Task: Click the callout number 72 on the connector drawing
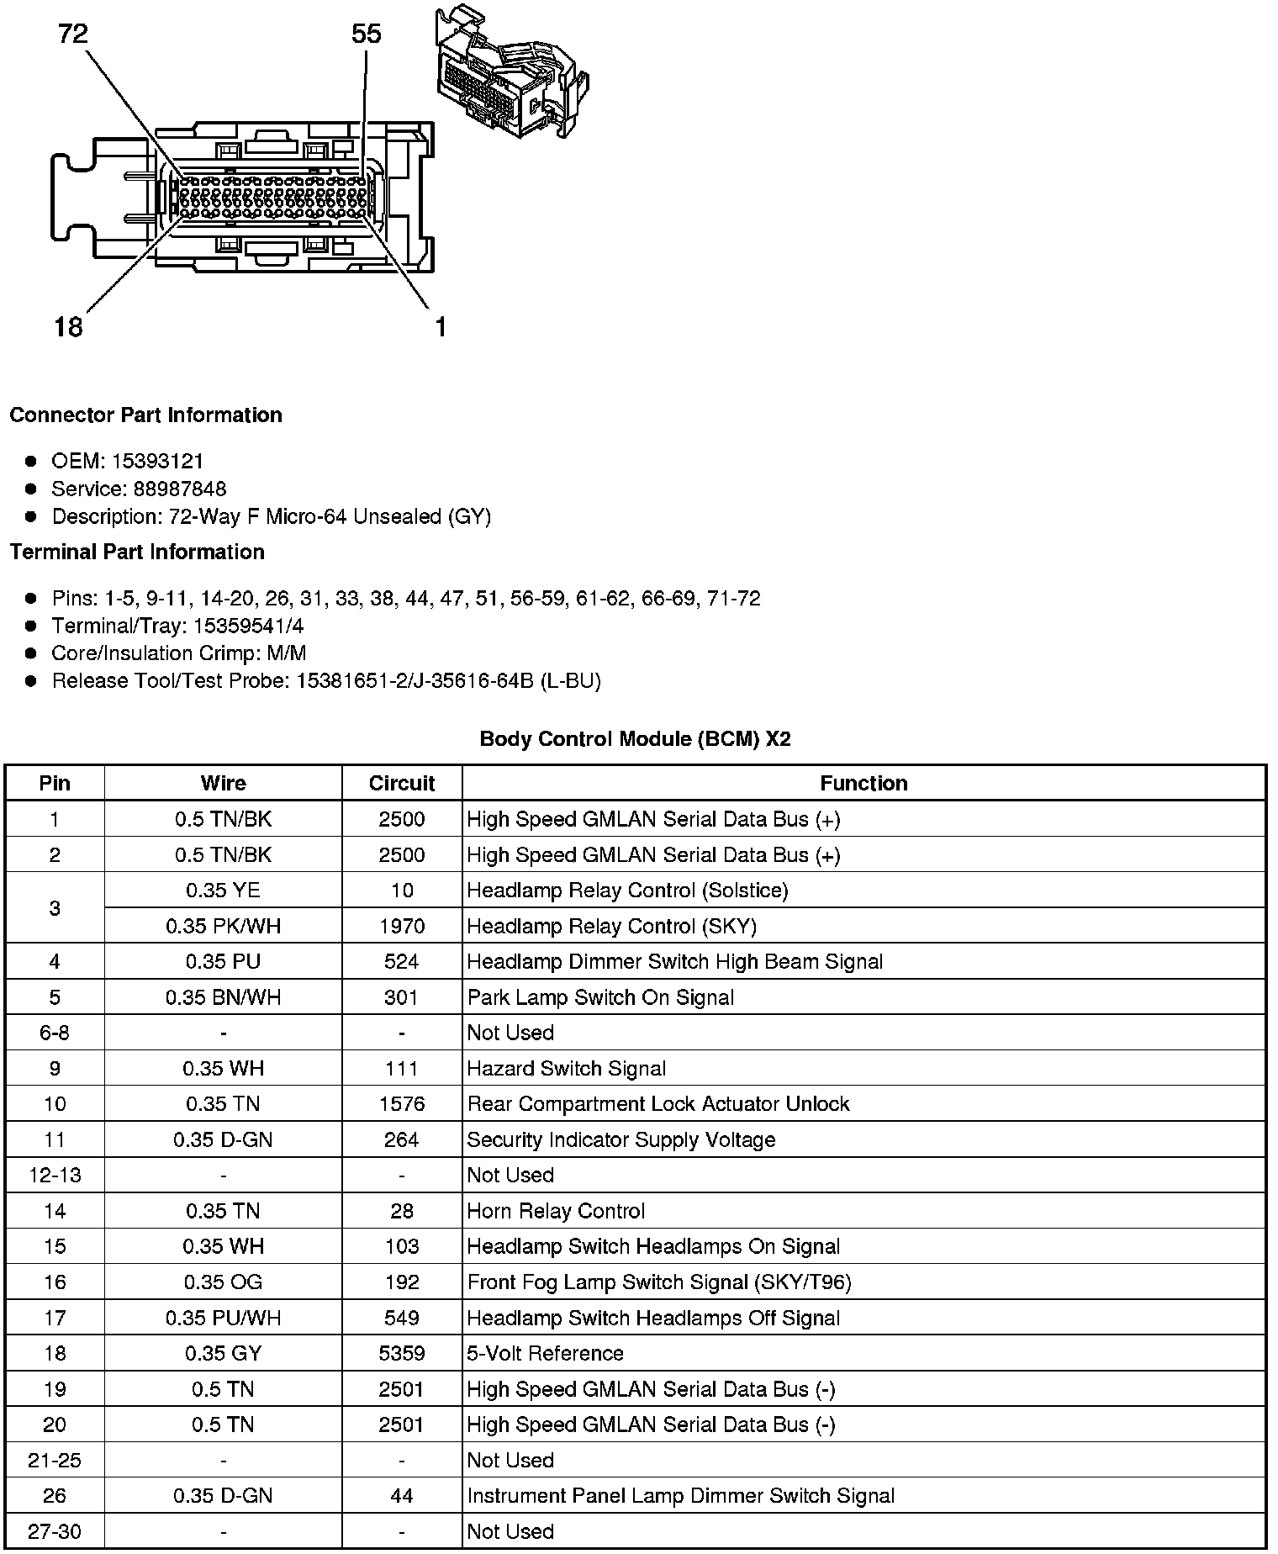[73, 34]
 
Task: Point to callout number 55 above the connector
[366, 34]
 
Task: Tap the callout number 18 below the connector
[68, 326]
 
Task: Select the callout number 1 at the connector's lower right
[440, 327]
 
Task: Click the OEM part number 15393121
[157, 461]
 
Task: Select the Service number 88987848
[180, 489]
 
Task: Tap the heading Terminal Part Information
[137, 552]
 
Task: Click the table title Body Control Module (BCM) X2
[635, 739]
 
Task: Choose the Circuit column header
[402, 783]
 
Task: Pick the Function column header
[863, 783]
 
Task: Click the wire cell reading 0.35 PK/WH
[223, 926]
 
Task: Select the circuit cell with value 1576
[402, 1104]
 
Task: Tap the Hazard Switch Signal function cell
[567, 1069]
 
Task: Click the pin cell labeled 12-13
[55, 1175]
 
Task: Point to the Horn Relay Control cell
[556, 1211]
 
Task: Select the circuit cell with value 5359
[402, 1353]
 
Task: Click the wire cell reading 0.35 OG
[223, 1282]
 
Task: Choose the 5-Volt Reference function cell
[545, 1353]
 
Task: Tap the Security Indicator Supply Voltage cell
[621, 1139]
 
